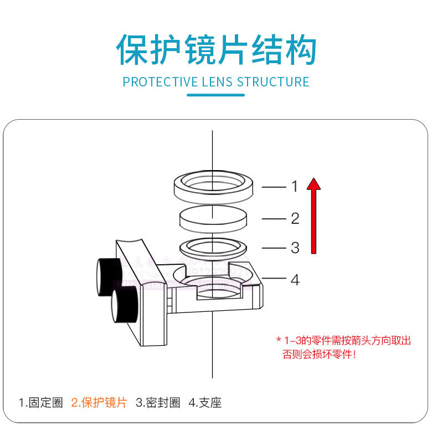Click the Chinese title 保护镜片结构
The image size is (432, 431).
click(x=216, y=50)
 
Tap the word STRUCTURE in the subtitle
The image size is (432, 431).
click(x=273, y=82)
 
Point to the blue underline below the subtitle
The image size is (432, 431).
click(x=216, y=95)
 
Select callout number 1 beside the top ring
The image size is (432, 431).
click(x=295, y=187)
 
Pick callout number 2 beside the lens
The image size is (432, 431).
click(x=295, y=219)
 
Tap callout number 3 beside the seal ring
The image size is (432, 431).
click(x=295, y=248)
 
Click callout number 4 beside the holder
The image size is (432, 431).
click(x=295, y=280)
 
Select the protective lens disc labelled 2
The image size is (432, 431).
click(x=213, y=218)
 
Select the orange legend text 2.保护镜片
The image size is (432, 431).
click(x=99, y=403)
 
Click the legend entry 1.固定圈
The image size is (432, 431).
click(x=42, y=403)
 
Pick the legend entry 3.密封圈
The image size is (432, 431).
click(x=158, y=403)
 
